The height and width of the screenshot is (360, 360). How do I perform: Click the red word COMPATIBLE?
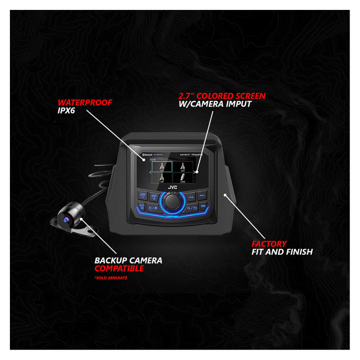click(x=119, y=269)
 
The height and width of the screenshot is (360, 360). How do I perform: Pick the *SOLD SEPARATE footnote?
click(x=111, y=279)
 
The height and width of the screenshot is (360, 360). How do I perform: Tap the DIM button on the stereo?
click(x=203, y=206)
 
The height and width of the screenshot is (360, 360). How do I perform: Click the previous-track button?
click(x=191, y=196)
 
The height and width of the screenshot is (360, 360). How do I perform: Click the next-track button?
click(x=202, y=196)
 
